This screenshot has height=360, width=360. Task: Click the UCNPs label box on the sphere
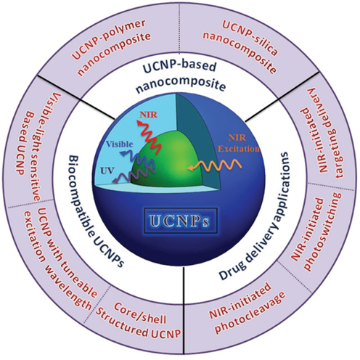[181, 221]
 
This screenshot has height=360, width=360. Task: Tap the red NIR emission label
[149, 115]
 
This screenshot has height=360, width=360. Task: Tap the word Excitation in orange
[238, 149]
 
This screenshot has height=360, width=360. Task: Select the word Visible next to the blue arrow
[120, 144]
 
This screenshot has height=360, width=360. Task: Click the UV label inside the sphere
[107, 171]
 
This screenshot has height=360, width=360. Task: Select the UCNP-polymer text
[109, 39]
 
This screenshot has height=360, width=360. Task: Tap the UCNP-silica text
[250, 38]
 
